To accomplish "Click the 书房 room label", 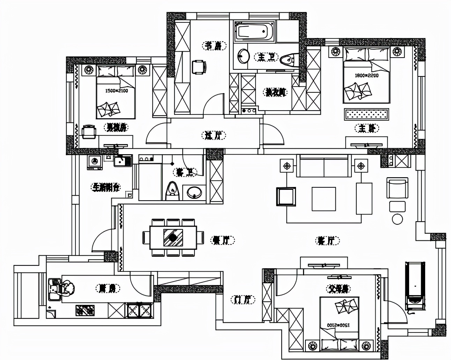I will coord(214,46).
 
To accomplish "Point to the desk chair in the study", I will coord(199,67).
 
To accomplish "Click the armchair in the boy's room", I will coord(89,132).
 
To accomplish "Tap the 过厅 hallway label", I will coord(214,135).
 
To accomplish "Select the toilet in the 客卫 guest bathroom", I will coord(172,191).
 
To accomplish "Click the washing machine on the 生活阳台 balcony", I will coord(94,162).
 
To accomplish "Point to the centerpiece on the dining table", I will coord(173,238).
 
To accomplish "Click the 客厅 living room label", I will coord(327,240).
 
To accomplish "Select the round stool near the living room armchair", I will coord(397,219).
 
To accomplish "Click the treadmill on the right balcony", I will coord(415,286).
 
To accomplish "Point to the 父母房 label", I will coord(339,289).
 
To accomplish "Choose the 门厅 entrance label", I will coord(243,299).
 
